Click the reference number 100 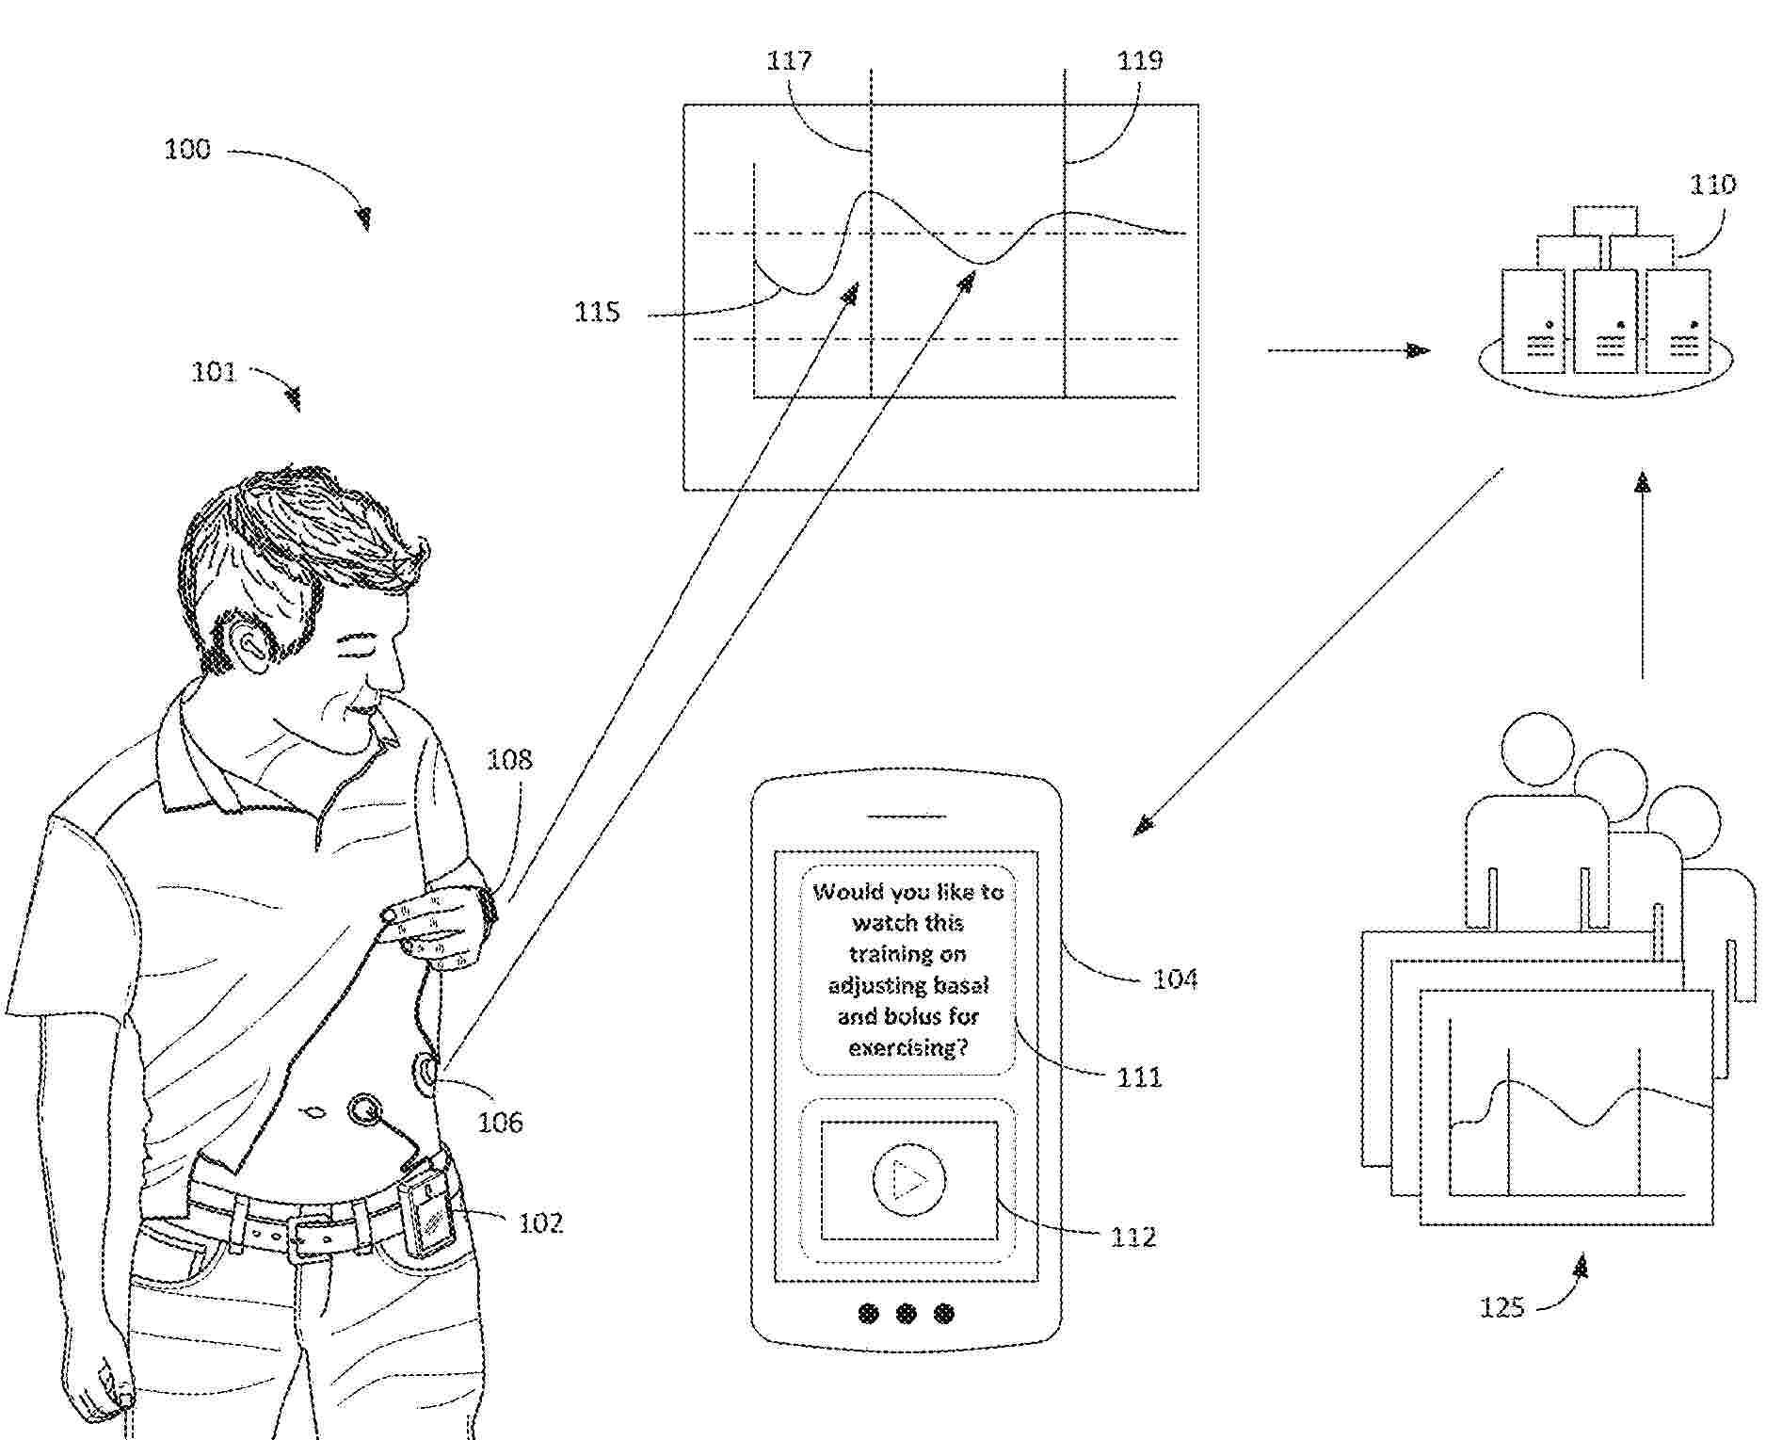187,150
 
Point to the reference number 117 789,61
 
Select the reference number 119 1140,61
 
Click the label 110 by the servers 1712,184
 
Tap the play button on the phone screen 908,1180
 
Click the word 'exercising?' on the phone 908,1047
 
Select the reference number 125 1501,1308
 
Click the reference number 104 1175,979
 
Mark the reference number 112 1133,1237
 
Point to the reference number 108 509,759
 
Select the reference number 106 500,1122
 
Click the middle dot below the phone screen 907,1313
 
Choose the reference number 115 598,312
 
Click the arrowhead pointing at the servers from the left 1418,350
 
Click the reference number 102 540,1223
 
